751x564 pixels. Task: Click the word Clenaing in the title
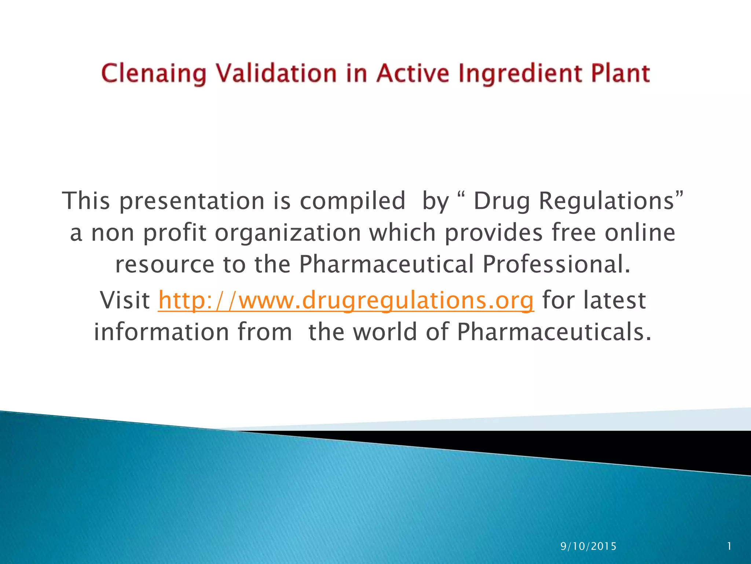coord(153,73)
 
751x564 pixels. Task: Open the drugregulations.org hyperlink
coord(346,300)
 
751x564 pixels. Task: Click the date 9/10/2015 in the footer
coord(589,546)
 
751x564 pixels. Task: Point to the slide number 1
coord(729,546)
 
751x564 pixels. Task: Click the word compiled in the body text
coord(352,201)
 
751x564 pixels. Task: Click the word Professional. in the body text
coord(557,264)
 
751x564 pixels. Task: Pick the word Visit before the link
coord(125,300)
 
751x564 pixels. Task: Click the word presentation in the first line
coord(192,201)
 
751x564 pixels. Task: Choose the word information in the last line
coord(162,332)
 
